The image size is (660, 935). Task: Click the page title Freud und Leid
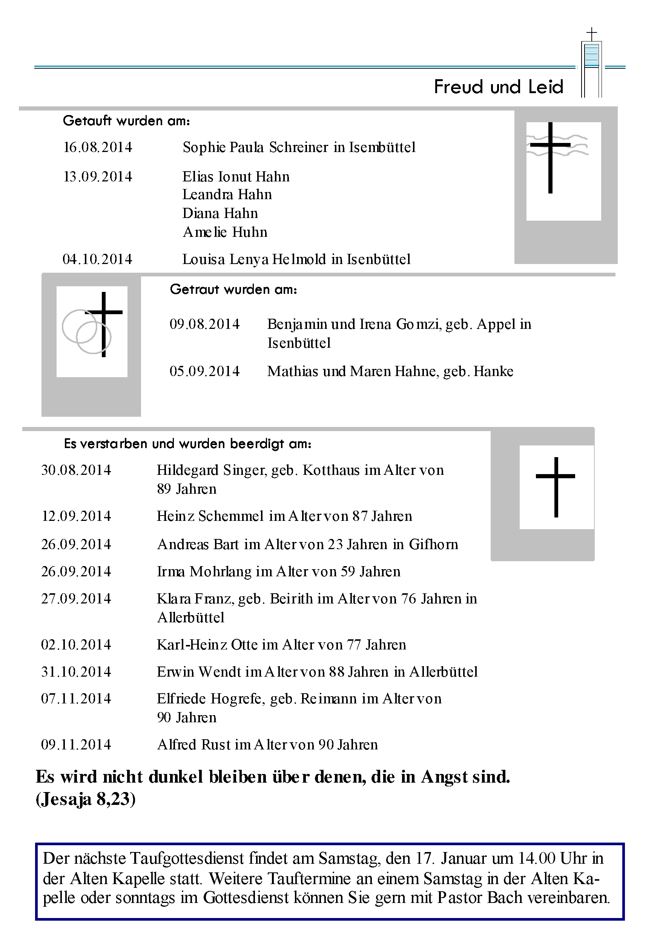tap(498, 87)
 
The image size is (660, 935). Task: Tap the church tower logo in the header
tap(591, 63)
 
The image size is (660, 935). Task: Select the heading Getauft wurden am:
tap(126, 121)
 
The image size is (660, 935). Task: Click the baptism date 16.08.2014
tap(98, 147)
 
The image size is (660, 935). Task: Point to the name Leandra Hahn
tap(227, 195)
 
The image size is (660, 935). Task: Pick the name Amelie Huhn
tap(225, 232)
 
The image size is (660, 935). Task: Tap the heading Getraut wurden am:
tap(233, 290)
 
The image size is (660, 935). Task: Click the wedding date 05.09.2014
tap(204, 372)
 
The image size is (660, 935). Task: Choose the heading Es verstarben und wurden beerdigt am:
tap(187, 444)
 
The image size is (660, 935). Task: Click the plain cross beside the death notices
tap(556, 487)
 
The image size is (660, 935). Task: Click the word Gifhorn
tap(433, 545)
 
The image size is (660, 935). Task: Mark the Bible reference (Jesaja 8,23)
tap(86, 799)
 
